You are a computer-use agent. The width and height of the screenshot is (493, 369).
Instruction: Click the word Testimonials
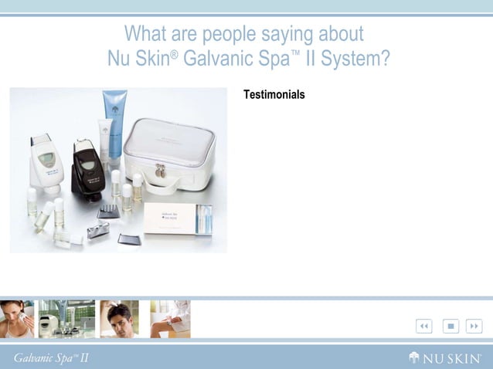[274, 95]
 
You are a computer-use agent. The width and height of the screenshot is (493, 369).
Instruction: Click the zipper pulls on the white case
[160, 170]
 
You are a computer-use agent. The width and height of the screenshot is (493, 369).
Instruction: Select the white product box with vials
[178, 220]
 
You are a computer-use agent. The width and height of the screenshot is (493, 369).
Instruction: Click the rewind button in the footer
[423, 327]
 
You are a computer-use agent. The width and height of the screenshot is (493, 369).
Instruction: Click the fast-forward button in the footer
[474, 327]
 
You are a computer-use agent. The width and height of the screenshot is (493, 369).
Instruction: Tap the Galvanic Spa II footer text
[49, 357]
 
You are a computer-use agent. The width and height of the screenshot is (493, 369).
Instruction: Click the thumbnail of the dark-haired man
[119, 319]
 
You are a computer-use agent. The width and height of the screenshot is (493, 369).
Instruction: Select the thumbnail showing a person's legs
[170, 319]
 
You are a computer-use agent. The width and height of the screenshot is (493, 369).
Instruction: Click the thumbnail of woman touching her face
[17, 319]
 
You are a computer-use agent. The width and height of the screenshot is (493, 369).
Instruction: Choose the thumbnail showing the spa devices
[67, 319]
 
